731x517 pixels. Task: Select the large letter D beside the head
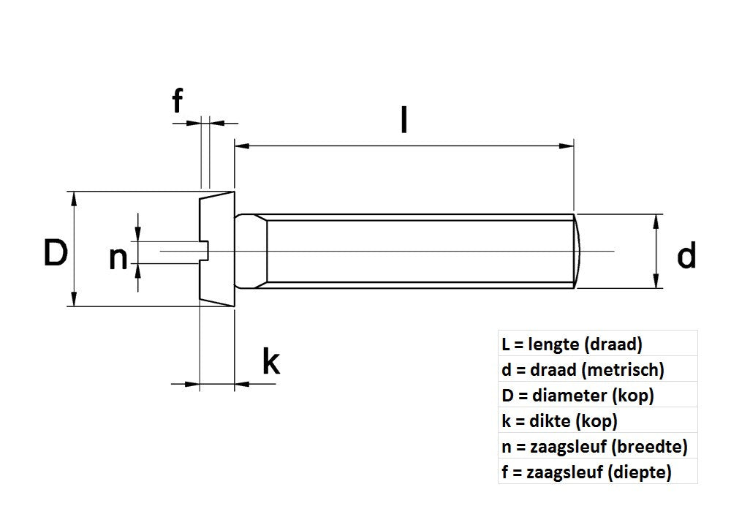(56, 253)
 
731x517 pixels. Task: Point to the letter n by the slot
(118, 257)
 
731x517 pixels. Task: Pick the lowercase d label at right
(686, 256)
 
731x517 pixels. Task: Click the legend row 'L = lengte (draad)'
(572, 344)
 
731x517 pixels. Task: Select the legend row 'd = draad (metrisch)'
(583, 369)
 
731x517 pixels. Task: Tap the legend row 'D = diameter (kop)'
(577, 395)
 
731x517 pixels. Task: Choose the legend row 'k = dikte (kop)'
(561, 420)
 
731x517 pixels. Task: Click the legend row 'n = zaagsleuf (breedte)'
(595, 446)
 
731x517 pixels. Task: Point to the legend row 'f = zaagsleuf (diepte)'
(587, 472)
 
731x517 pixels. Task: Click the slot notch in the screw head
(205, 249)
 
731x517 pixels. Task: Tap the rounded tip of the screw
(582, 250)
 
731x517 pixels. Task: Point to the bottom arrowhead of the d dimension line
(657, 282)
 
